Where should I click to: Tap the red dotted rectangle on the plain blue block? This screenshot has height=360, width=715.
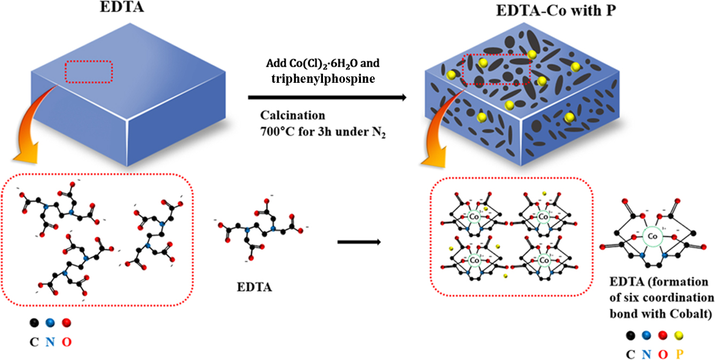[x=89, y=72]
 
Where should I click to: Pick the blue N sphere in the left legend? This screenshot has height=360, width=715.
[x=50, y=323]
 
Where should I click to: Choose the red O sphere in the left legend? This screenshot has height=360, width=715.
[x=66, y=323]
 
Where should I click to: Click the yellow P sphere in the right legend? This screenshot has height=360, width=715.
[x=679, y=335]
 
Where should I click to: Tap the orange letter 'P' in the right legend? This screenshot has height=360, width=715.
[x=679, y=353]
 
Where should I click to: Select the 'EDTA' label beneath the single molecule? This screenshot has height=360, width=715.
[x=254, y=287]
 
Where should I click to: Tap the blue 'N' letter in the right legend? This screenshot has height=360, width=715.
[x=647, y=353]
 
